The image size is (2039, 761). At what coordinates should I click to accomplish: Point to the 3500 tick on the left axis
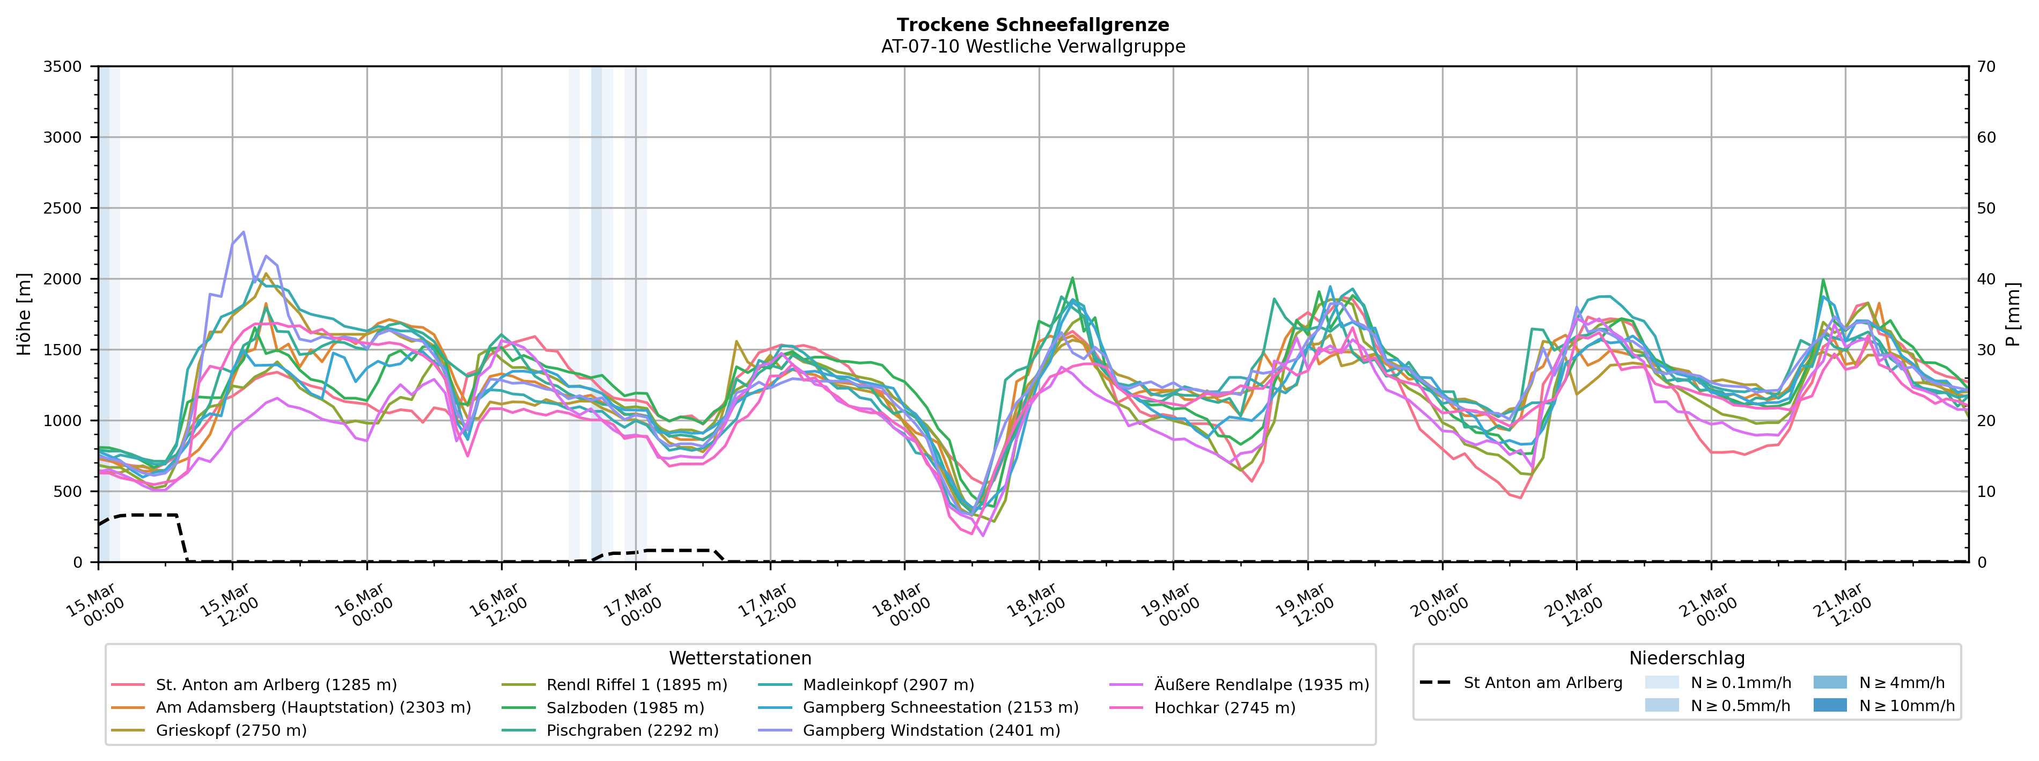tap(63, 67)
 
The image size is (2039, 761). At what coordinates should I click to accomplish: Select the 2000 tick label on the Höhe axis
tap(63, 279)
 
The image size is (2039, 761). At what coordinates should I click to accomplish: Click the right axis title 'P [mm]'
tap(2013, 314)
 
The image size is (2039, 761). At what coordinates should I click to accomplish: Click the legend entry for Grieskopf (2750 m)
tap(231, 730)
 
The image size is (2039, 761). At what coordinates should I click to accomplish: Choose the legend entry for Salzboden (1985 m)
tap(624, 707)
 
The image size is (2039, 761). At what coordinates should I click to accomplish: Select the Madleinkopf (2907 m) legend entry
tap(888, 684)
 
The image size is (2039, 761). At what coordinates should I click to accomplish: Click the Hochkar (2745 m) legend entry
tap(1225, 707)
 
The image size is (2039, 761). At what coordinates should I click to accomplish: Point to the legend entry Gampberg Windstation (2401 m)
tap(931, 730)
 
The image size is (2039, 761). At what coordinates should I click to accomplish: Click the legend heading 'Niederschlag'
tap(1686, 658)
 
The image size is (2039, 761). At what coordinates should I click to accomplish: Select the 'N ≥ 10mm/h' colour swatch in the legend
tap(1829, 705)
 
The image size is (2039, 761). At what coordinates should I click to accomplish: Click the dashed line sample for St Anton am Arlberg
tap(1434, 683)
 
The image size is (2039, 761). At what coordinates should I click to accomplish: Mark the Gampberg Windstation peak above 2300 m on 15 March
tap(243, 232)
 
